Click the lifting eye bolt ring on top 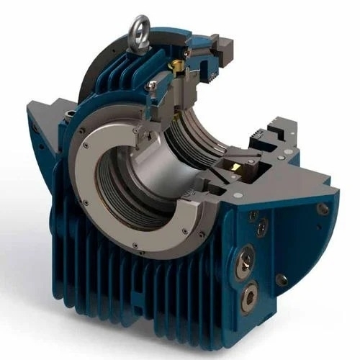click(137, 30)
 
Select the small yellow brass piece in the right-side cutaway click(235, 166)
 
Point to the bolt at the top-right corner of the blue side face click(323, 209)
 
